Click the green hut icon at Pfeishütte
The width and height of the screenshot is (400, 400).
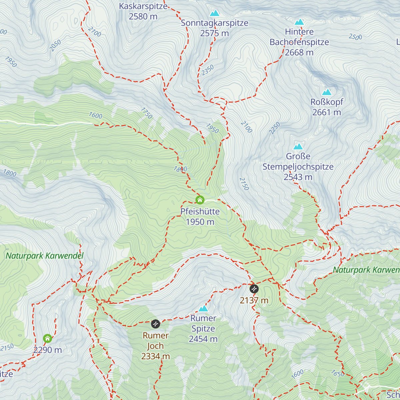(x=200, y=200)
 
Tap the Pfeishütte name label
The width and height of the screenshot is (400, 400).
(x=200, y=212)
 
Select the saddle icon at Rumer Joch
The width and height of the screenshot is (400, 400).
(x=155, y=324)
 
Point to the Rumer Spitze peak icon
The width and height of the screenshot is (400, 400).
(x=203, y=308)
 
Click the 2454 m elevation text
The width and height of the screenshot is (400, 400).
(x=203, y=339)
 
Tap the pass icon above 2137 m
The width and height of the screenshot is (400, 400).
(x=254, y=288)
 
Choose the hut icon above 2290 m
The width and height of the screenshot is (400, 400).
(x=48, y=339)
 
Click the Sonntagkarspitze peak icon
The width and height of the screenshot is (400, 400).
(x=214, y=13)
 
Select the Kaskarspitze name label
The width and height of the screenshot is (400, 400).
(x=143, y=6)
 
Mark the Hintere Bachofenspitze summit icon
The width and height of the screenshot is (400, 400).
(x=299, y=22)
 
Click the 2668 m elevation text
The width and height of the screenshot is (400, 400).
(x=299, y=52)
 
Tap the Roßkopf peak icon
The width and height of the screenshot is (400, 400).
(x=326, y=92)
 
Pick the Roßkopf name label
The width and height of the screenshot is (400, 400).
(x=327, y=102)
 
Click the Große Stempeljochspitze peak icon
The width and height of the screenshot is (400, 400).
(x=298, y=147)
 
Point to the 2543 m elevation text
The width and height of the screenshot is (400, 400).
(x=298, y=177)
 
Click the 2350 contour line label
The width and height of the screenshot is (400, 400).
(x=207, y=70)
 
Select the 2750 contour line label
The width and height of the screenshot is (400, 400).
(x=244, y=184)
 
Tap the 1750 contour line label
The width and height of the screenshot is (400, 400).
(x=146, y=113)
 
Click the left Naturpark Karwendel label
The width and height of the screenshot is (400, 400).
(x=45, y=256)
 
